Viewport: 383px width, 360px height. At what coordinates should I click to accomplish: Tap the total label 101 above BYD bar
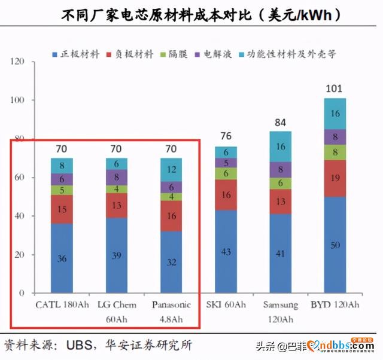point(334,89)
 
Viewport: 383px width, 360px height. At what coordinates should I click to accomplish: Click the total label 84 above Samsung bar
point(281,123)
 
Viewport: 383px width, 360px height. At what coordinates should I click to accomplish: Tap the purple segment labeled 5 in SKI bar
point(226,163)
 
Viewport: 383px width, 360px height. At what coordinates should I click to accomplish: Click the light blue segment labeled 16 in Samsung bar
point(281,147)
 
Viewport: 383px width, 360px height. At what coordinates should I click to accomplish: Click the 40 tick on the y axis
point(20,216)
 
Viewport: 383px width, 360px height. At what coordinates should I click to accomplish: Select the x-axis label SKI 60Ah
point(226,304)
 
